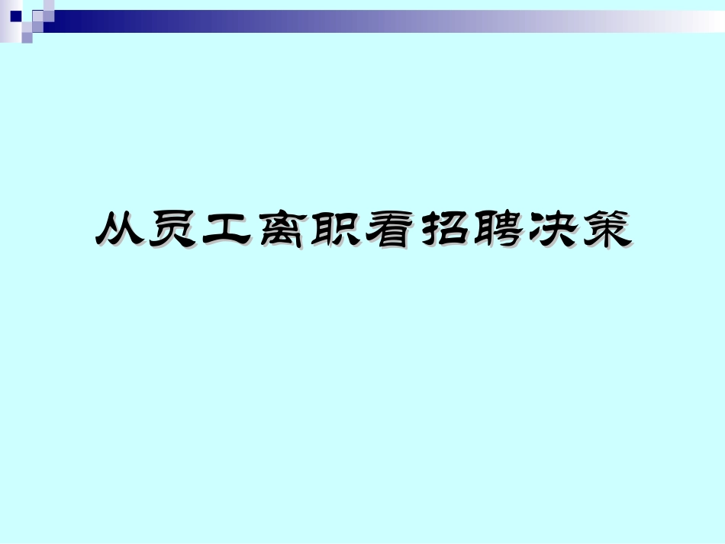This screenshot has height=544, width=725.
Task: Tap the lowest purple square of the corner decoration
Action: pyautogui.click(x=27, y=37)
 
